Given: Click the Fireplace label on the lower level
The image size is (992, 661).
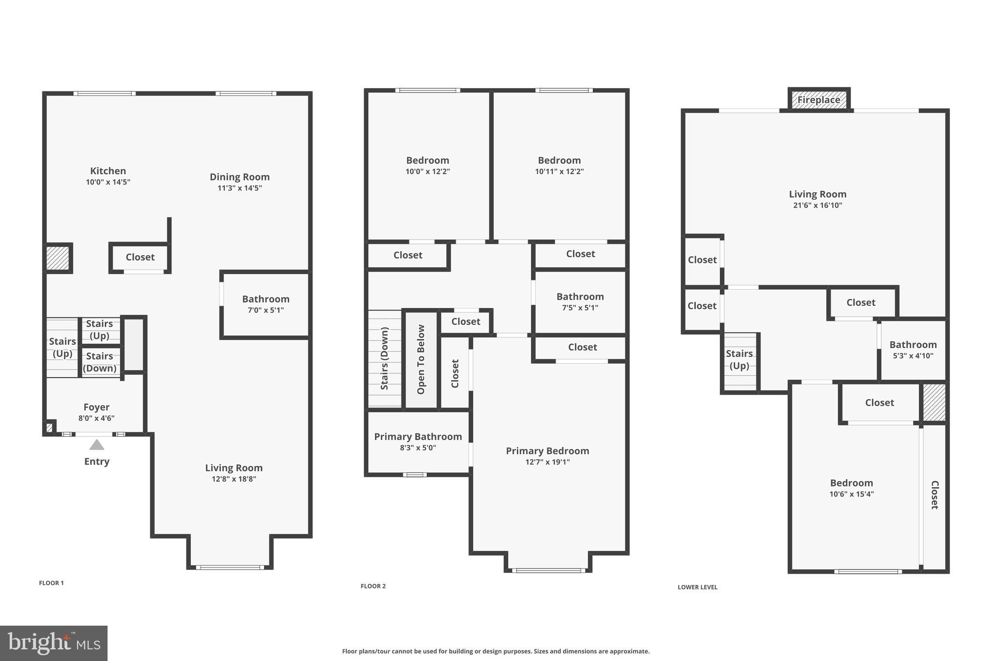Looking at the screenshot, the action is coord(819,100).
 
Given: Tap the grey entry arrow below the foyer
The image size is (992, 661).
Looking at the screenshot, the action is coord(97,445).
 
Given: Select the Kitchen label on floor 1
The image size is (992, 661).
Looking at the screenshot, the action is coord(108,171).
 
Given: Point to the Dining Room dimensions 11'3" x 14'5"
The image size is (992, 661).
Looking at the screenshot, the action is coord(240,188).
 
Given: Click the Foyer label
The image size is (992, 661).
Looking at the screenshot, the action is coord(96,407).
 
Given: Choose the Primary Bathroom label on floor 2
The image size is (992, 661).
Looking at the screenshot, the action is coord(418,437).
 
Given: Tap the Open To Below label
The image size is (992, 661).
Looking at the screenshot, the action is coord(421,359).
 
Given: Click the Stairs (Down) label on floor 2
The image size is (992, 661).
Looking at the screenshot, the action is coord(385,358).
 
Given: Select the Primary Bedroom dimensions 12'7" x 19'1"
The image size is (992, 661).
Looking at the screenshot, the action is coord(547,462).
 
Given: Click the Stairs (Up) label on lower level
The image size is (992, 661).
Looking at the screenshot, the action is coord(739,360).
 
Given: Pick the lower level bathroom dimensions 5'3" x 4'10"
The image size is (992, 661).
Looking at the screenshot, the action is coord(913,355).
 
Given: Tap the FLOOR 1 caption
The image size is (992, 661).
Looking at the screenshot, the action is coord(51,583).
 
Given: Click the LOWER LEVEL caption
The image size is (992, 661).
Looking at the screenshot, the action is coord(697,587).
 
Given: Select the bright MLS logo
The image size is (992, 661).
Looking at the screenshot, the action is coord(54,643).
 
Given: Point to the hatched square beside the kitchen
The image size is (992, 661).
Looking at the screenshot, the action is coord(58,259).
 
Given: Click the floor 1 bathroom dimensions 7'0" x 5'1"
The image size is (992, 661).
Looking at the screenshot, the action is coord(266,310).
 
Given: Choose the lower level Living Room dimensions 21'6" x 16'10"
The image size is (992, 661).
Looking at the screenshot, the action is coord(818,205).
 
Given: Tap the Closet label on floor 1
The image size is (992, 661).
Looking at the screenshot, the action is coord(140,257).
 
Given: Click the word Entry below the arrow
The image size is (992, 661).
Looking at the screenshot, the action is coord(97,461).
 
